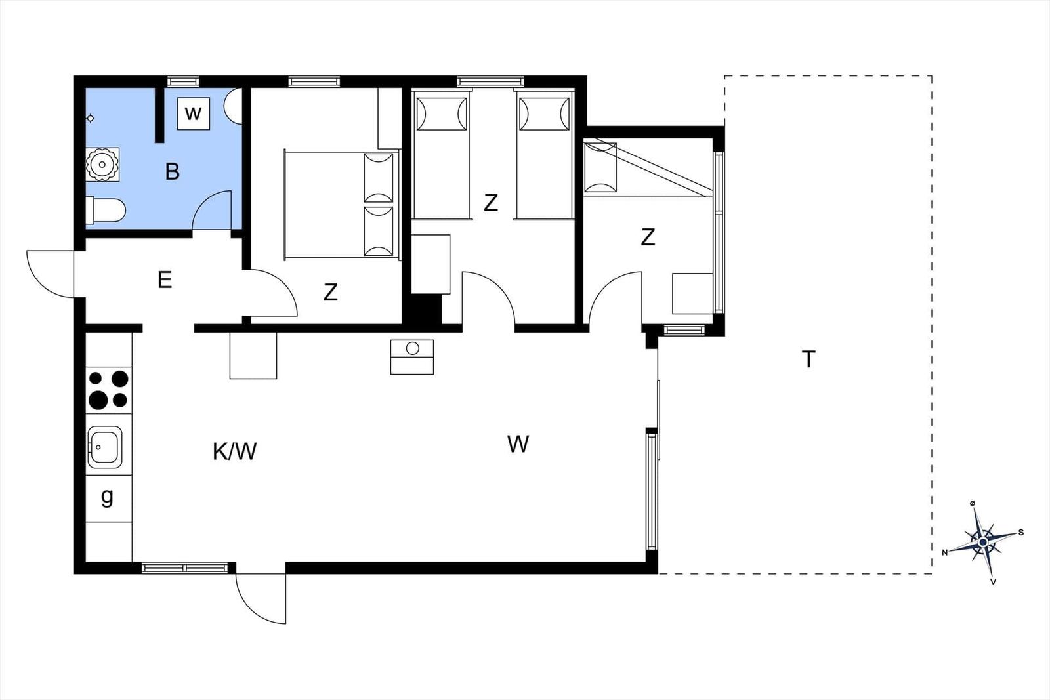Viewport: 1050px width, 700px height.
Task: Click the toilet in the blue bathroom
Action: pos(106,211)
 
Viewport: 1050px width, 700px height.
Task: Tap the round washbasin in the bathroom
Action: pos(102,165)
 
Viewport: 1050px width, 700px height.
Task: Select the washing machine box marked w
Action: pos(193,113)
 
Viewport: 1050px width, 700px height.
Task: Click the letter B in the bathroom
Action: pos(173,171)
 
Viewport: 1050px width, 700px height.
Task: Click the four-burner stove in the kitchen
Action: pos(109,390)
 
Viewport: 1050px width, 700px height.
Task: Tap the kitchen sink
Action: pos(105,447)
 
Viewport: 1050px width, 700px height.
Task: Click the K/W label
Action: pos(234,451)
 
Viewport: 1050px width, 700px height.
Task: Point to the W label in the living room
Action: pos(518,443)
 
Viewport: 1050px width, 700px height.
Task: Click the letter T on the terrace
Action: pos(808,360)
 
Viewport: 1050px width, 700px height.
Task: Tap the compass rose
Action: pos(983,542)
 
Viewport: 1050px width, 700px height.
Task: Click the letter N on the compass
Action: pos(945,553)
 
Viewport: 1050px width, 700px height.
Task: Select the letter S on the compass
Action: pos(1021,533)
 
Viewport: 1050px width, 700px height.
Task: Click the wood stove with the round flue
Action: pos(412,357)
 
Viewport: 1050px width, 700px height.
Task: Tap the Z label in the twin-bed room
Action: pos(490,203)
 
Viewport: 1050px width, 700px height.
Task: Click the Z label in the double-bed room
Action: pos(331,293)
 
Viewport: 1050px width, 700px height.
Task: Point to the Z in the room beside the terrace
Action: pos(647,237)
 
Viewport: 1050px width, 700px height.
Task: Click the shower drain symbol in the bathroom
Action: pos(91,119)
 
